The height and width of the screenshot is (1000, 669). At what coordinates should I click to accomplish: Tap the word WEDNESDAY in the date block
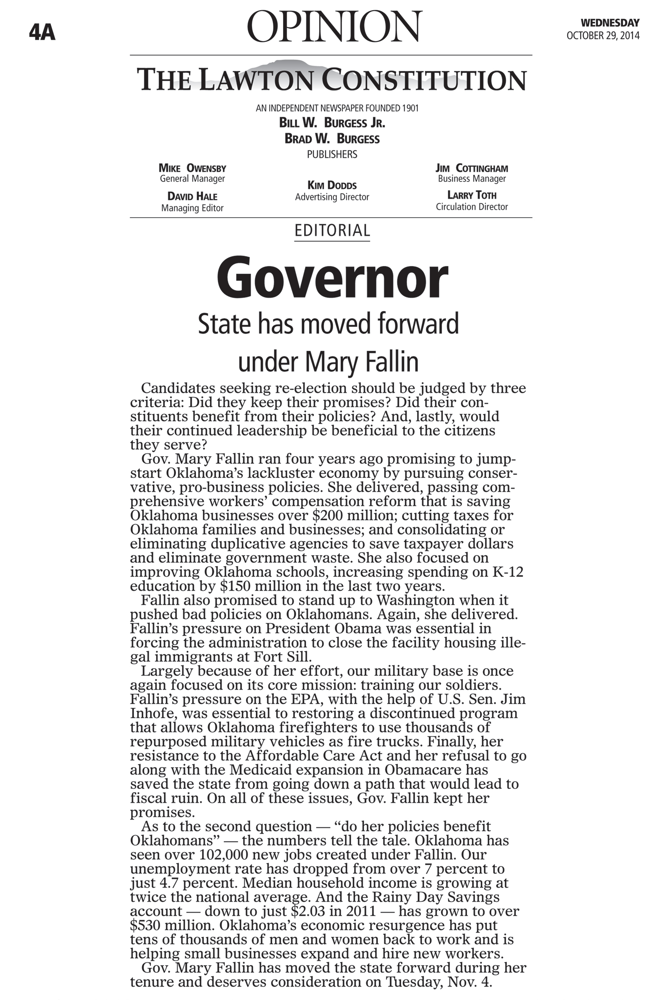click(610, 23)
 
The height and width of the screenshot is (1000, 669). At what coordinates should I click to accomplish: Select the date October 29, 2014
click(603, 36)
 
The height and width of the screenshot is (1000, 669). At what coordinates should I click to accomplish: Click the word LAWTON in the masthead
click(257, 80)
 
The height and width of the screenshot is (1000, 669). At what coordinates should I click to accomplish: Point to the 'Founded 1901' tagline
click(392, 108)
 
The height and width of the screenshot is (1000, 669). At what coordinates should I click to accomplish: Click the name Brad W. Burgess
click(332, 139)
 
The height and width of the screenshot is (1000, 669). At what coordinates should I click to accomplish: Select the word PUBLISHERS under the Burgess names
click(332, 154)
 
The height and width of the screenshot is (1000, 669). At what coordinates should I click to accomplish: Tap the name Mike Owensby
click(192, 168)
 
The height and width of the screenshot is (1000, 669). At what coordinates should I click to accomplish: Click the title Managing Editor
click(192, 208)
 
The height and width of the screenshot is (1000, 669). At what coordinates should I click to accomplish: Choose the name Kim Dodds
click(332, 185)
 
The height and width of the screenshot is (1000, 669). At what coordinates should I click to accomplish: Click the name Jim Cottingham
click(471, 168)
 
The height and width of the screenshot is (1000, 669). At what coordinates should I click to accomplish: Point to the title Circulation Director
click(471, 207)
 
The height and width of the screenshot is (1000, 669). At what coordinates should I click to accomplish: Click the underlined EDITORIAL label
click(332, 231)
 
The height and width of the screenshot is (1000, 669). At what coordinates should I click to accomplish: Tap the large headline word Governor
click(332, 279)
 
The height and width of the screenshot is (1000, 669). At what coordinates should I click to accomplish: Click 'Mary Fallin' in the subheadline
click(362, 363)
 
